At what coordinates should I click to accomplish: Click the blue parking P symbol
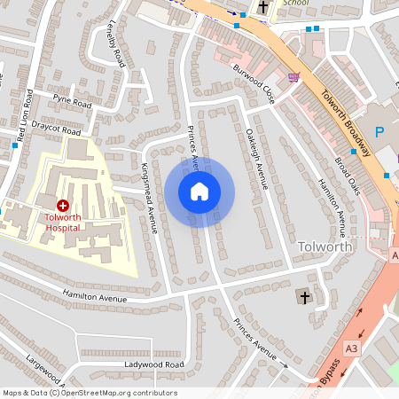coord(379,132)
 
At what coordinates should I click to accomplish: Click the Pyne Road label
coord(73,103)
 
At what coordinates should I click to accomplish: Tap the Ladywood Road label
coord(154,364)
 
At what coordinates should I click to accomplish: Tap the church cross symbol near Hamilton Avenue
coord(305,295)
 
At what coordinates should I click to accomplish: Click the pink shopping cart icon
coord(293,78)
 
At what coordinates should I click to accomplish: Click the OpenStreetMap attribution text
coord(90,392)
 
